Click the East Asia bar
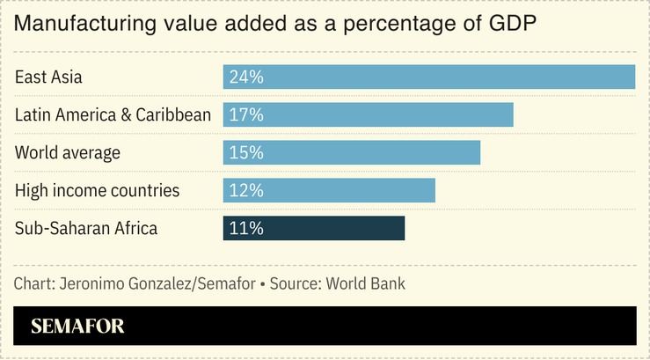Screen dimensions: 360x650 (x=429, y=77)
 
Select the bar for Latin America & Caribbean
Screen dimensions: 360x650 (x=368, y=114)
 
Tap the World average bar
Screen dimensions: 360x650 (x=352, y=152)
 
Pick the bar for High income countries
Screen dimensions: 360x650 (x=329, y=190)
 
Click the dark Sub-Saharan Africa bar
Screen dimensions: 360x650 (x=313, y=228)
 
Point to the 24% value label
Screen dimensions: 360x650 (x=246, y=77)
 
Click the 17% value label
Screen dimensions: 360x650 (x=246, y=114)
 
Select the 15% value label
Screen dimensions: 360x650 (x=246, y=152)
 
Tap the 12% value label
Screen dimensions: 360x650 (x=246, y=190)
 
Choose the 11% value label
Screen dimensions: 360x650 (x=246, y=228)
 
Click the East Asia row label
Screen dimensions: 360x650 (x=48, y=77)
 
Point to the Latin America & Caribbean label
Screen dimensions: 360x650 (x=113, y=114)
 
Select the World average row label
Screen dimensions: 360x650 (x=67, y=152)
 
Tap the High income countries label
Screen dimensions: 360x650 (x=97, y=190)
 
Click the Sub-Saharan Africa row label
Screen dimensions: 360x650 (x=86, y=228)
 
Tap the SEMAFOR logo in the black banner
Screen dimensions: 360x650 (x=77, y=326)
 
